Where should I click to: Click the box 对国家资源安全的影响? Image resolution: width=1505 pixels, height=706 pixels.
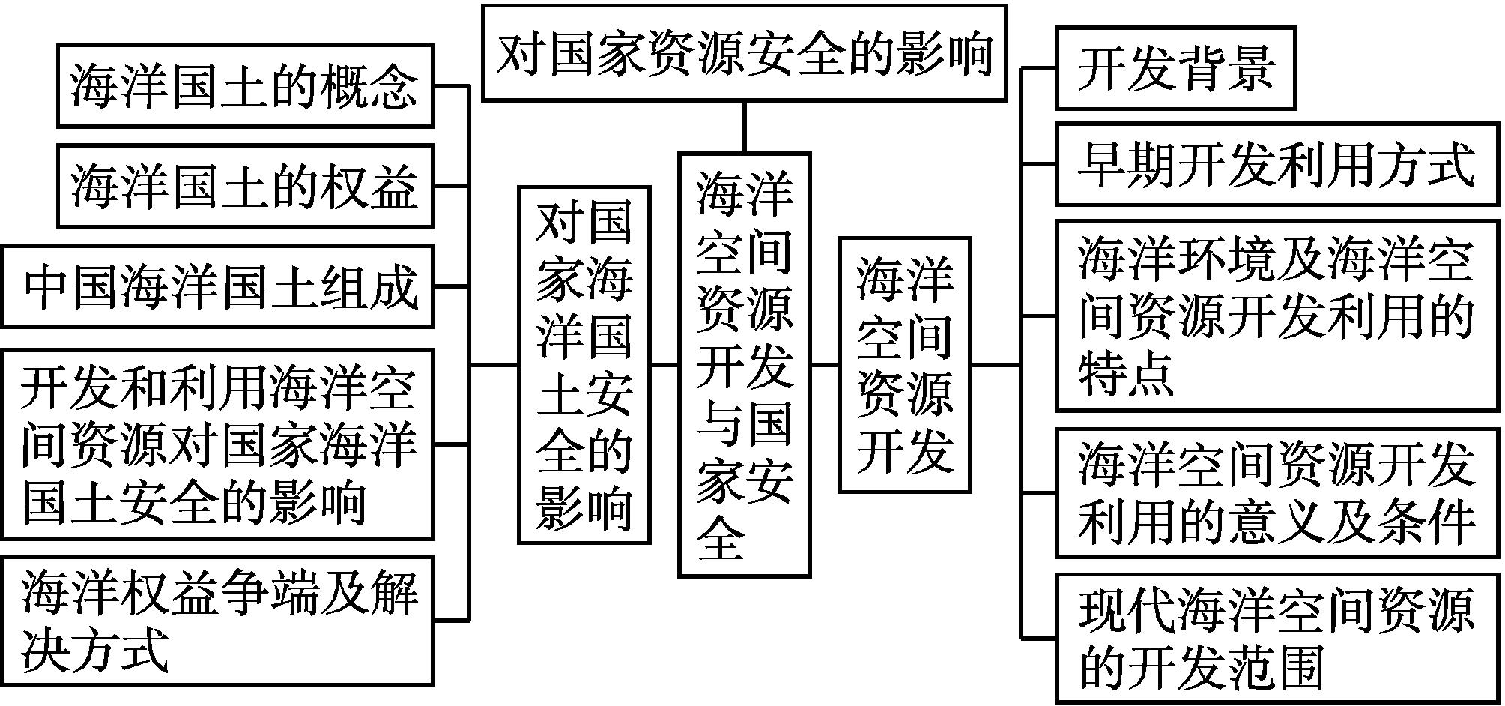744,53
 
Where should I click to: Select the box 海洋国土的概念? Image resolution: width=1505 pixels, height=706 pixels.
245,85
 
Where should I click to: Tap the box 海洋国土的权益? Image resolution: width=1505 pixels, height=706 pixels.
245,186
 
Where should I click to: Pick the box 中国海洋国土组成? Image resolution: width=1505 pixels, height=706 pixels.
218,286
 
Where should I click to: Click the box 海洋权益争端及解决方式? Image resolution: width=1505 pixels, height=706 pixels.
218,620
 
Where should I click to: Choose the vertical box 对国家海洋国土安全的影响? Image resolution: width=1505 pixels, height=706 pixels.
584,365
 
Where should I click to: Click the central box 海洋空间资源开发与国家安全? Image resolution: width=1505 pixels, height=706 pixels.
744,365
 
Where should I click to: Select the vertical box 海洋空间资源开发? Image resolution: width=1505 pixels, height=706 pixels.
904,365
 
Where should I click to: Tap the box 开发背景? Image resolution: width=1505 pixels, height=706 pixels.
1175,68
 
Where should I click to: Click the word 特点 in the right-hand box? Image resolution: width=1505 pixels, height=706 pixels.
1125,372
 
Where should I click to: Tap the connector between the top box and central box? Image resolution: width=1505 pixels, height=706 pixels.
744,127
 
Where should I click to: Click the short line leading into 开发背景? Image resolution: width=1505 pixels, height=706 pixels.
1039,68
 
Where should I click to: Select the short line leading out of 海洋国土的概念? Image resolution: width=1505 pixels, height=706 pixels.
452,85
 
